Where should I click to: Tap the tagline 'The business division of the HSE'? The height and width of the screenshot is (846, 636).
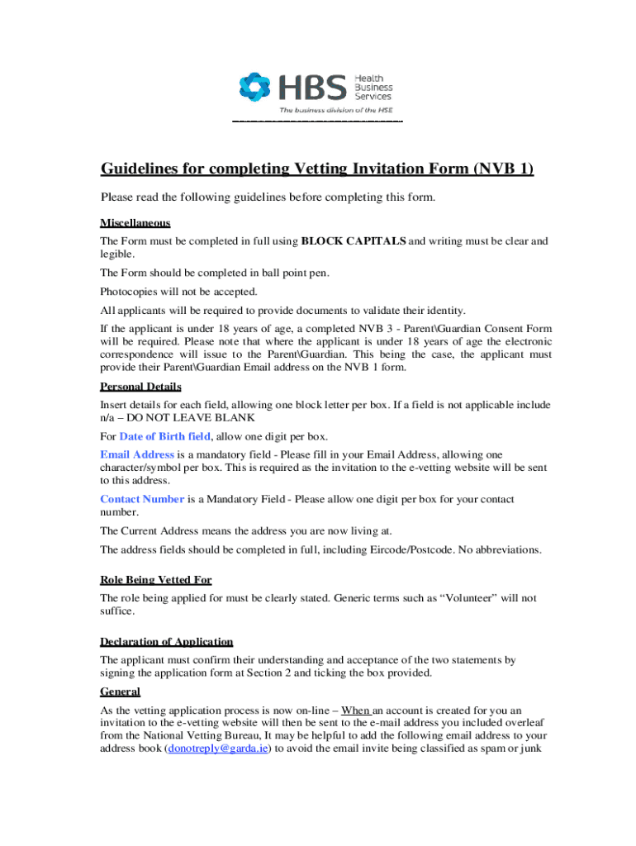click(335, 110)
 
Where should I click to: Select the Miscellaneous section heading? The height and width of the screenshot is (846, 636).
click(135, 223)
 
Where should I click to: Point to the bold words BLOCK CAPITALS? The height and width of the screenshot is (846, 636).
click(354, 241)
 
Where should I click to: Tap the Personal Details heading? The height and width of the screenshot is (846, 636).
click(140, 387)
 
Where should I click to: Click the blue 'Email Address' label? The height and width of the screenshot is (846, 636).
click(137, 454)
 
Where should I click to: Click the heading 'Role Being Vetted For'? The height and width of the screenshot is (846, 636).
click(162, 580)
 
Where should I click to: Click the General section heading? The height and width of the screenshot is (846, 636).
click(120, 692)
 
